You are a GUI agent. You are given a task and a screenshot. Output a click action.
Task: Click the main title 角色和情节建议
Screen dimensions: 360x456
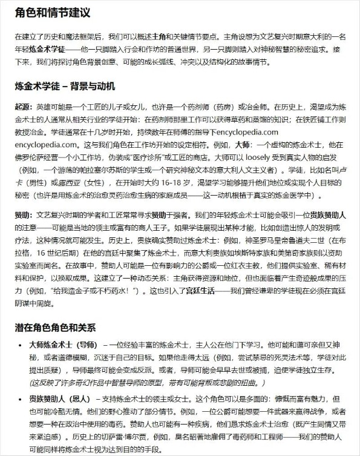(53, 12)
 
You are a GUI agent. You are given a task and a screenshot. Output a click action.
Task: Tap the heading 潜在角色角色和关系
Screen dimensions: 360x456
(55, 328)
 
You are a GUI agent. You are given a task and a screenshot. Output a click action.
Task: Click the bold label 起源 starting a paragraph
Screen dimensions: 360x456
(24, 106)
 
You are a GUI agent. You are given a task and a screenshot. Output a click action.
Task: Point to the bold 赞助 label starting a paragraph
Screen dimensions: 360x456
(24, 214)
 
